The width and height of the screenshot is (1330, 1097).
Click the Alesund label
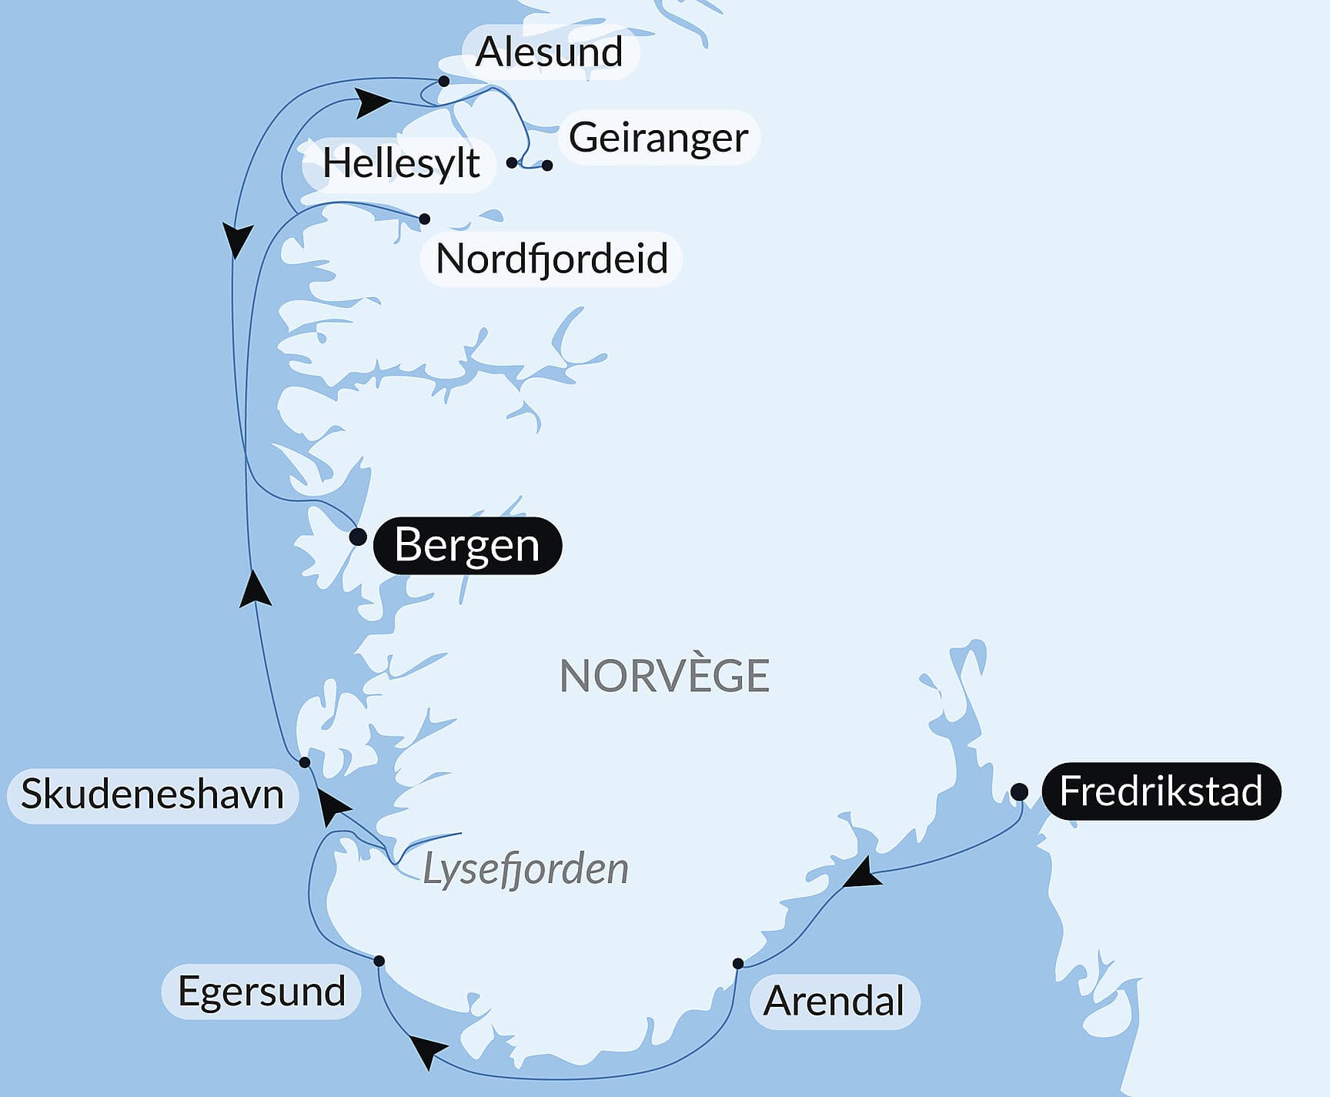click(550, 52)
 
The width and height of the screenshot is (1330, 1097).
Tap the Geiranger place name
click(658, 138)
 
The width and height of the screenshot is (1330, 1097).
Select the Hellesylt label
click(400, 163)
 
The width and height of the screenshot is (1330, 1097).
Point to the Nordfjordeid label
click(551, 259)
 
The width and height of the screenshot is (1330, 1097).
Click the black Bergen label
click(467, 545)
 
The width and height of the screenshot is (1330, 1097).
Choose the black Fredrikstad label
click(1161, 791)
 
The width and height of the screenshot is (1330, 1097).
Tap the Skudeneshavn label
click(152, 794)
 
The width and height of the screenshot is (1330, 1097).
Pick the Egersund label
click(261, 992)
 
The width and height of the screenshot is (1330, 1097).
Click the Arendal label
click(834, 1002)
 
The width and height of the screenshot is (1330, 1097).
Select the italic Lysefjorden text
click(526, 869)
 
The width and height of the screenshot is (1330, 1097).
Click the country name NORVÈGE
click(664, 676)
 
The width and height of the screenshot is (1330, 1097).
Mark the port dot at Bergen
click(358, 537)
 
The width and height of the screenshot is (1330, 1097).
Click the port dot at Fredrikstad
click(1019, 791)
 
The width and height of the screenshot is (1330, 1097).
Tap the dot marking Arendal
click(738, 963)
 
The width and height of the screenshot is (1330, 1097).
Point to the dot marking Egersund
click(379, 961)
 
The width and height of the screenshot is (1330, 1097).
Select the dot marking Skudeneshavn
click(305, 762)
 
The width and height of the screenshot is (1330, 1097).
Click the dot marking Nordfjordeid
click(424, 219)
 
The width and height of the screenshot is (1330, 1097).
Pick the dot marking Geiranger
click(547, 166)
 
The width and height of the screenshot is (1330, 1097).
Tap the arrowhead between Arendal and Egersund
click(427, 1050)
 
